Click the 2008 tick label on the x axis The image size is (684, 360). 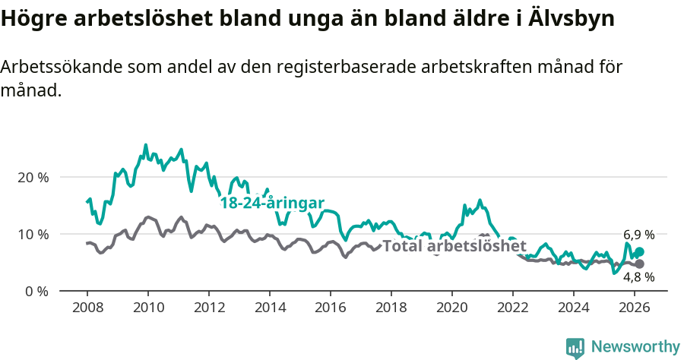pyautogui.click(x=87, y=308)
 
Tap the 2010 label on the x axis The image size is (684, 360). pyautogui.click(x=147, y=308)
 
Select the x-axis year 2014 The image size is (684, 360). pyautogui.click(x=269, y=308)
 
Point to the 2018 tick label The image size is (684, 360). pyautogui.click(x=391, y=308)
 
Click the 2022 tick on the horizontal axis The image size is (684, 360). pyautogui.click(x=512, y=308)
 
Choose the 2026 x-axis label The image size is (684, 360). pyautogui.click(x=634, y=308)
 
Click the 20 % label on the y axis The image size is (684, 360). pyautogui.click(x=33, y=177)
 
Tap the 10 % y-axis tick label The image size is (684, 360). pyautogui.click(x=33, y=234)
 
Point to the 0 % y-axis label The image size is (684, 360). pyautogui.click(x=36, y=291)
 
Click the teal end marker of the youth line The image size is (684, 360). pyautogui.click(x=639, y=252)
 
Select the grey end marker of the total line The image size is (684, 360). pyautogui.click(x=639, y=264)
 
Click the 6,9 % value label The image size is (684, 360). pyautogui.click(x=638, y=235)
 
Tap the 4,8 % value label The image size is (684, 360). pyautogui.click(x=638, y=277)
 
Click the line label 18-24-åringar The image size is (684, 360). pyautogui.click(x=272, y=203)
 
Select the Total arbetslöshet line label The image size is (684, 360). pyautogui.click(x=454, y=246)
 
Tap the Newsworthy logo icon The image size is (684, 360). pyautogui.click(x=575, y=347)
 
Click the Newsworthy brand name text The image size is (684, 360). pyautogui.click(x=635, y=347)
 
